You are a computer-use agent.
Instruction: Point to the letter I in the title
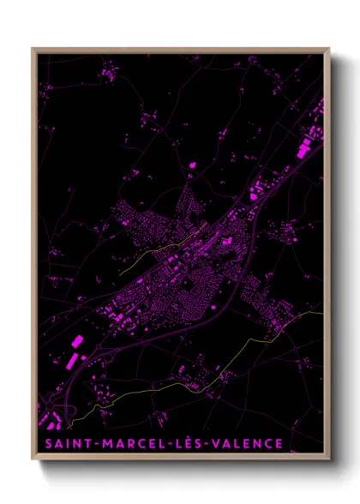[x=67, y=443]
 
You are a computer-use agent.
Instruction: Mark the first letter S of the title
[x=44, y=443]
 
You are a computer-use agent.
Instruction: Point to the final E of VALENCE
[x=278, y=443]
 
